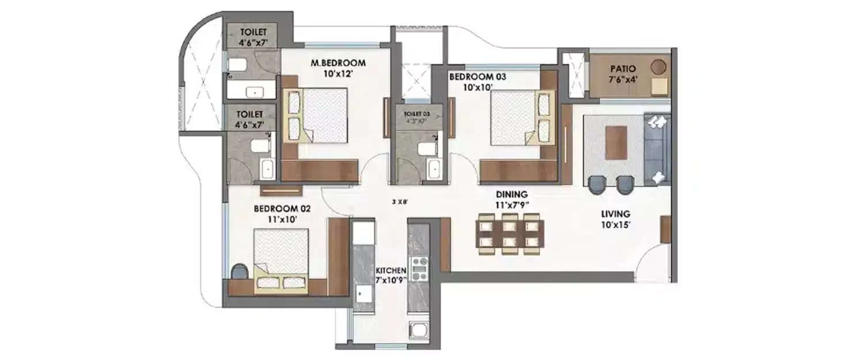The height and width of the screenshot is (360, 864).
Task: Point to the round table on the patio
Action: tap(658, 66)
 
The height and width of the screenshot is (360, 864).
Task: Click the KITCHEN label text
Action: tap(391, 270)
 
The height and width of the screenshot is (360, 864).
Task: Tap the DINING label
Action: tap(512, 195)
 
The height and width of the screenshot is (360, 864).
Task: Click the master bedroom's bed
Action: tap(319, 115)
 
